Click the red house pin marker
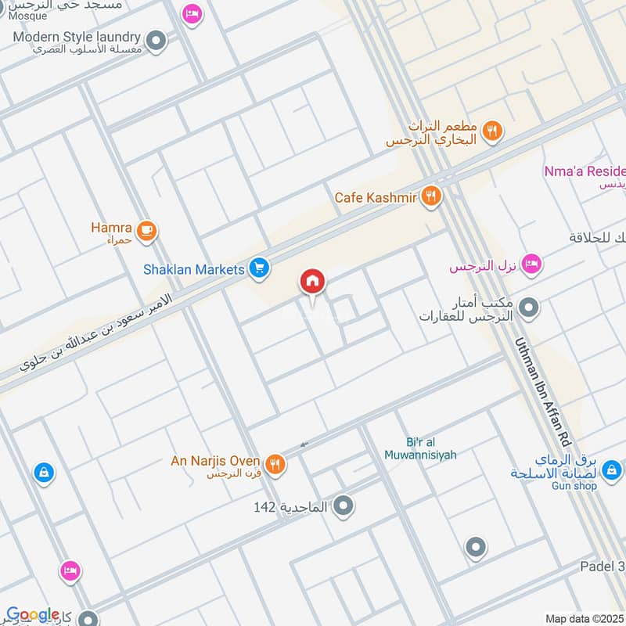312,282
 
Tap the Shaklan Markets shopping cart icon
260,269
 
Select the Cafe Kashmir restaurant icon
430,197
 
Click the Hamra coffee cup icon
146,230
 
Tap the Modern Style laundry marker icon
157,38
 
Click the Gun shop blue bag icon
613,470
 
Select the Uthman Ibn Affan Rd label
545,394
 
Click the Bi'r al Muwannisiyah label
420,448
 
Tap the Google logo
32,614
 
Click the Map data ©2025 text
585,619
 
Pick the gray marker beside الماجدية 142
343,507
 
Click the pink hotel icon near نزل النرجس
531,265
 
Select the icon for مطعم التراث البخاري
491,131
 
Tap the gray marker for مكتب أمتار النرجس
530,307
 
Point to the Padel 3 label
603,566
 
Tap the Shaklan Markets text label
194,269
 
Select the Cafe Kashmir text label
376,197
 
